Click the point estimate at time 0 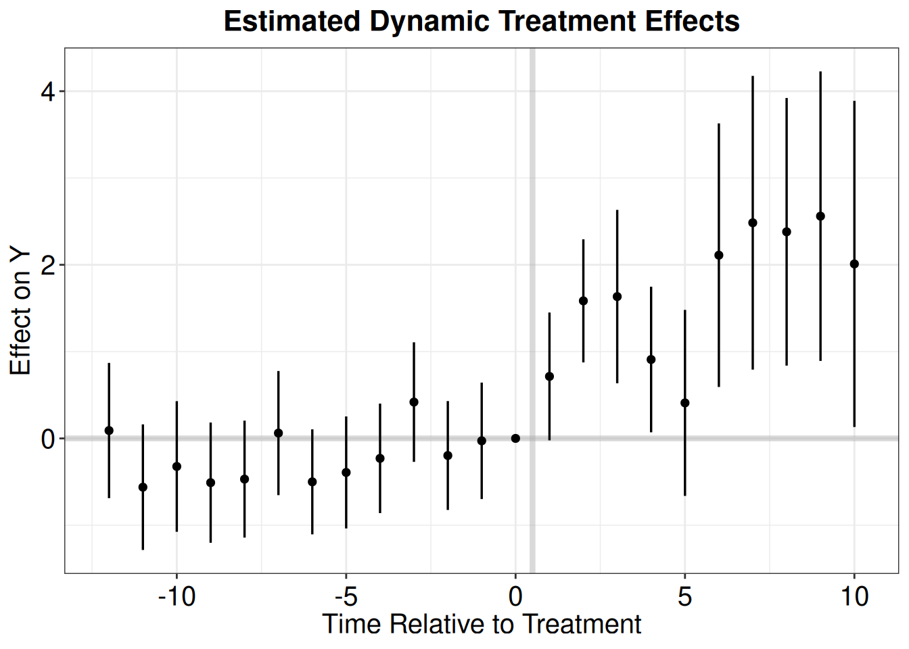515,439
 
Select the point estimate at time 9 820,216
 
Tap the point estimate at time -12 109,431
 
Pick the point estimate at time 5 685,403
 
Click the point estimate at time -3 414,402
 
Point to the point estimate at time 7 753,222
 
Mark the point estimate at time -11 143,487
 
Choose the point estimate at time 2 584,301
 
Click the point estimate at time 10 854,264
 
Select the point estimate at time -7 279,433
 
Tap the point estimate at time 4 651,360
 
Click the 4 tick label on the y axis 48,92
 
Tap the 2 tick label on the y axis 48,266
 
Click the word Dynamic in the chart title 429,21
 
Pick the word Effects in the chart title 693,21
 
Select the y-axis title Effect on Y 20,312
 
